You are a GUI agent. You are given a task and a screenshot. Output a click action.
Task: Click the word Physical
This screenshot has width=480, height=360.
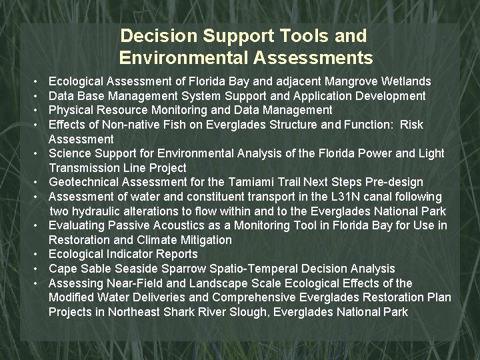click(71, 110)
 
